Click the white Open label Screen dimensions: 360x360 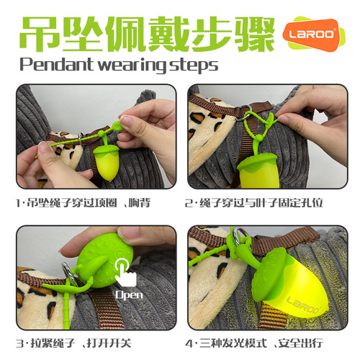click(x=129, y=294)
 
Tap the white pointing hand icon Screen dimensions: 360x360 click(x=127, y=274)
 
